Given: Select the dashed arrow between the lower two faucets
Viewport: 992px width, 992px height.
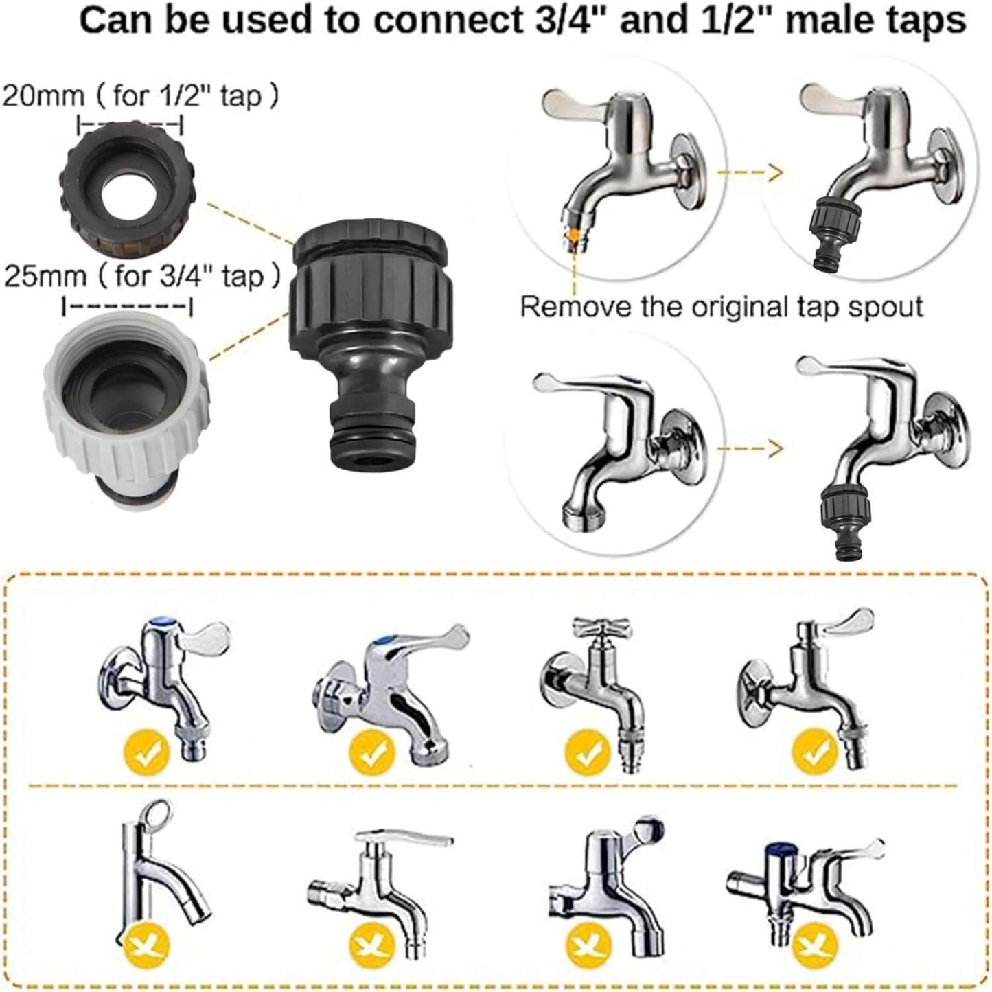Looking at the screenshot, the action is (750, 448).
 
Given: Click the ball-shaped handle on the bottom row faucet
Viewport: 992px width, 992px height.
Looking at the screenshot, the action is (650, 830).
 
